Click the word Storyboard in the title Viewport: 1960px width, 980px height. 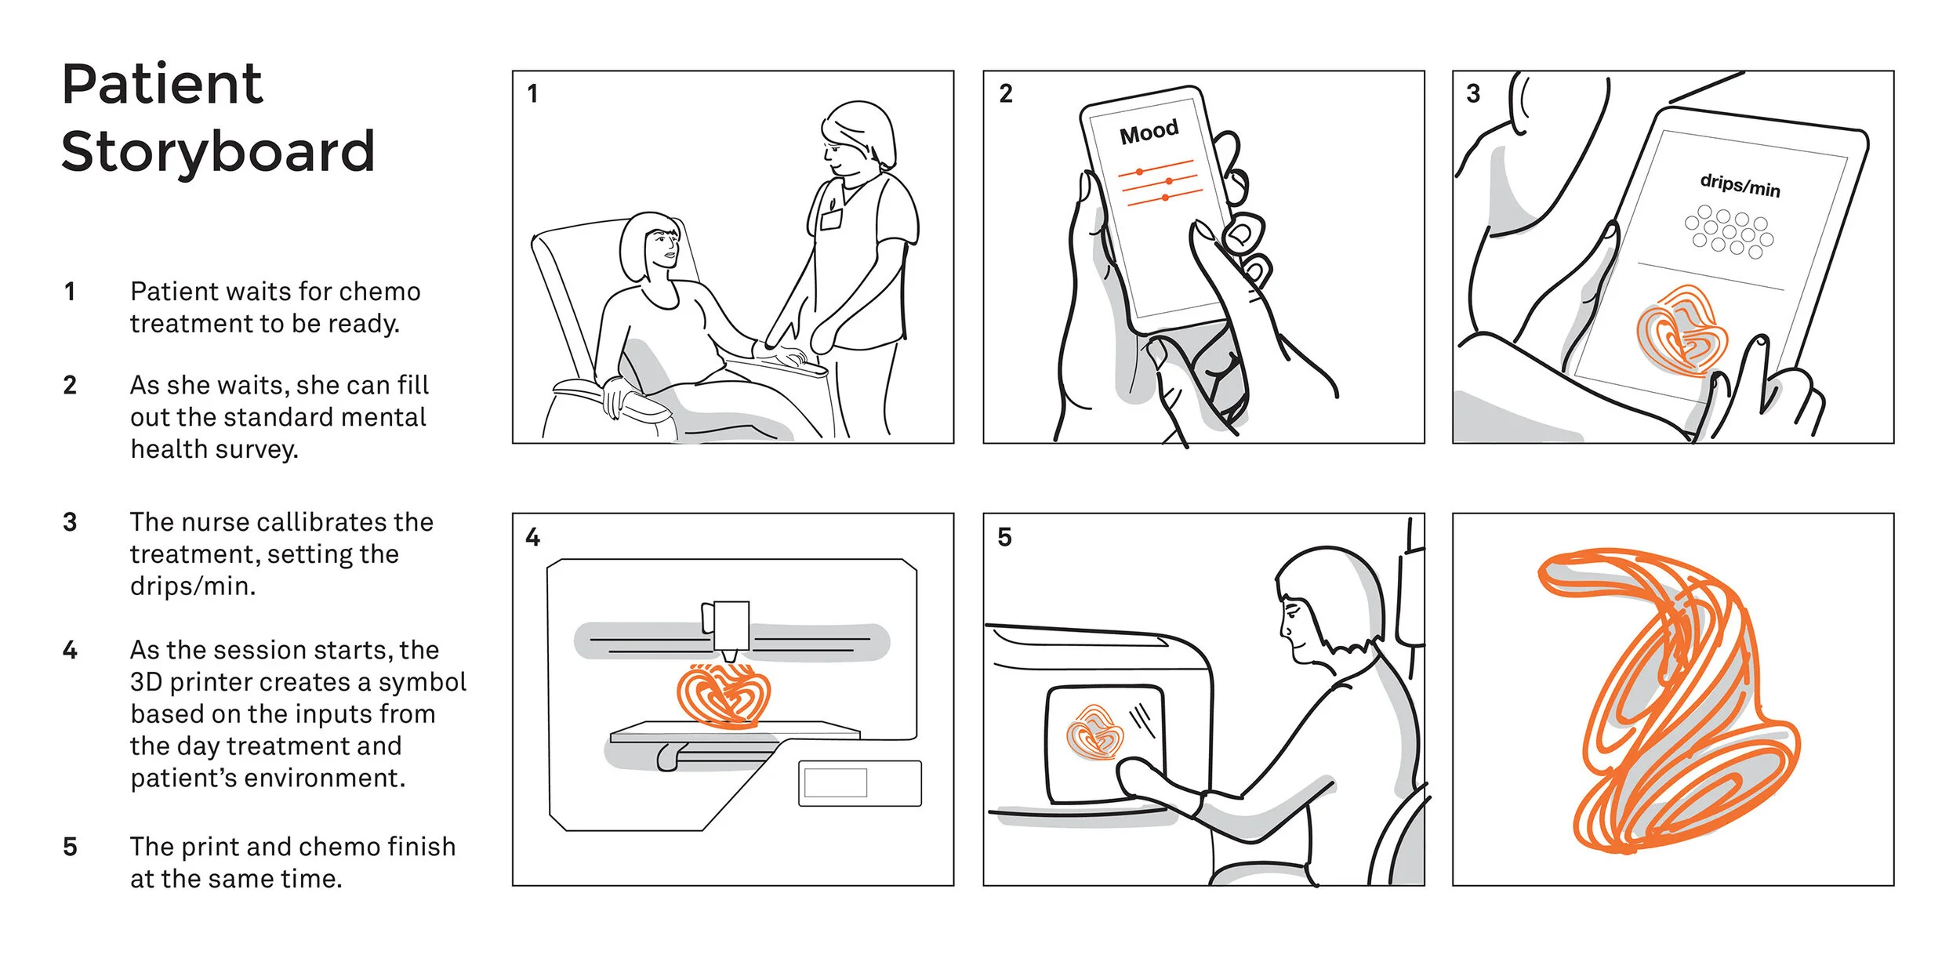pos(218,151)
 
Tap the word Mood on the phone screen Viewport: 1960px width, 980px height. pos(1149,132)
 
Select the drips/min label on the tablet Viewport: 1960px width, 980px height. pos(1740,185)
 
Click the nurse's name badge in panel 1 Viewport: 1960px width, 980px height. pos(831,219)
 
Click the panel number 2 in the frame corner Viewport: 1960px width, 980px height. pos(1006,93)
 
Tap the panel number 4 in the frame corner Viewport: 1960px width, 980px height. pos(533,537)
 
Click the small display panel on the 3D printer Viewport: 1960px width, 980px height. pos(860,783)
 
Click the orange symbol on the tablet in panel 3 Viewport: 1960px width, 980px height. pos(1682,331)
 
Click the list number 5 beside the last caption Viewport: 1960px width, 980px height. pos(70,848)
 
